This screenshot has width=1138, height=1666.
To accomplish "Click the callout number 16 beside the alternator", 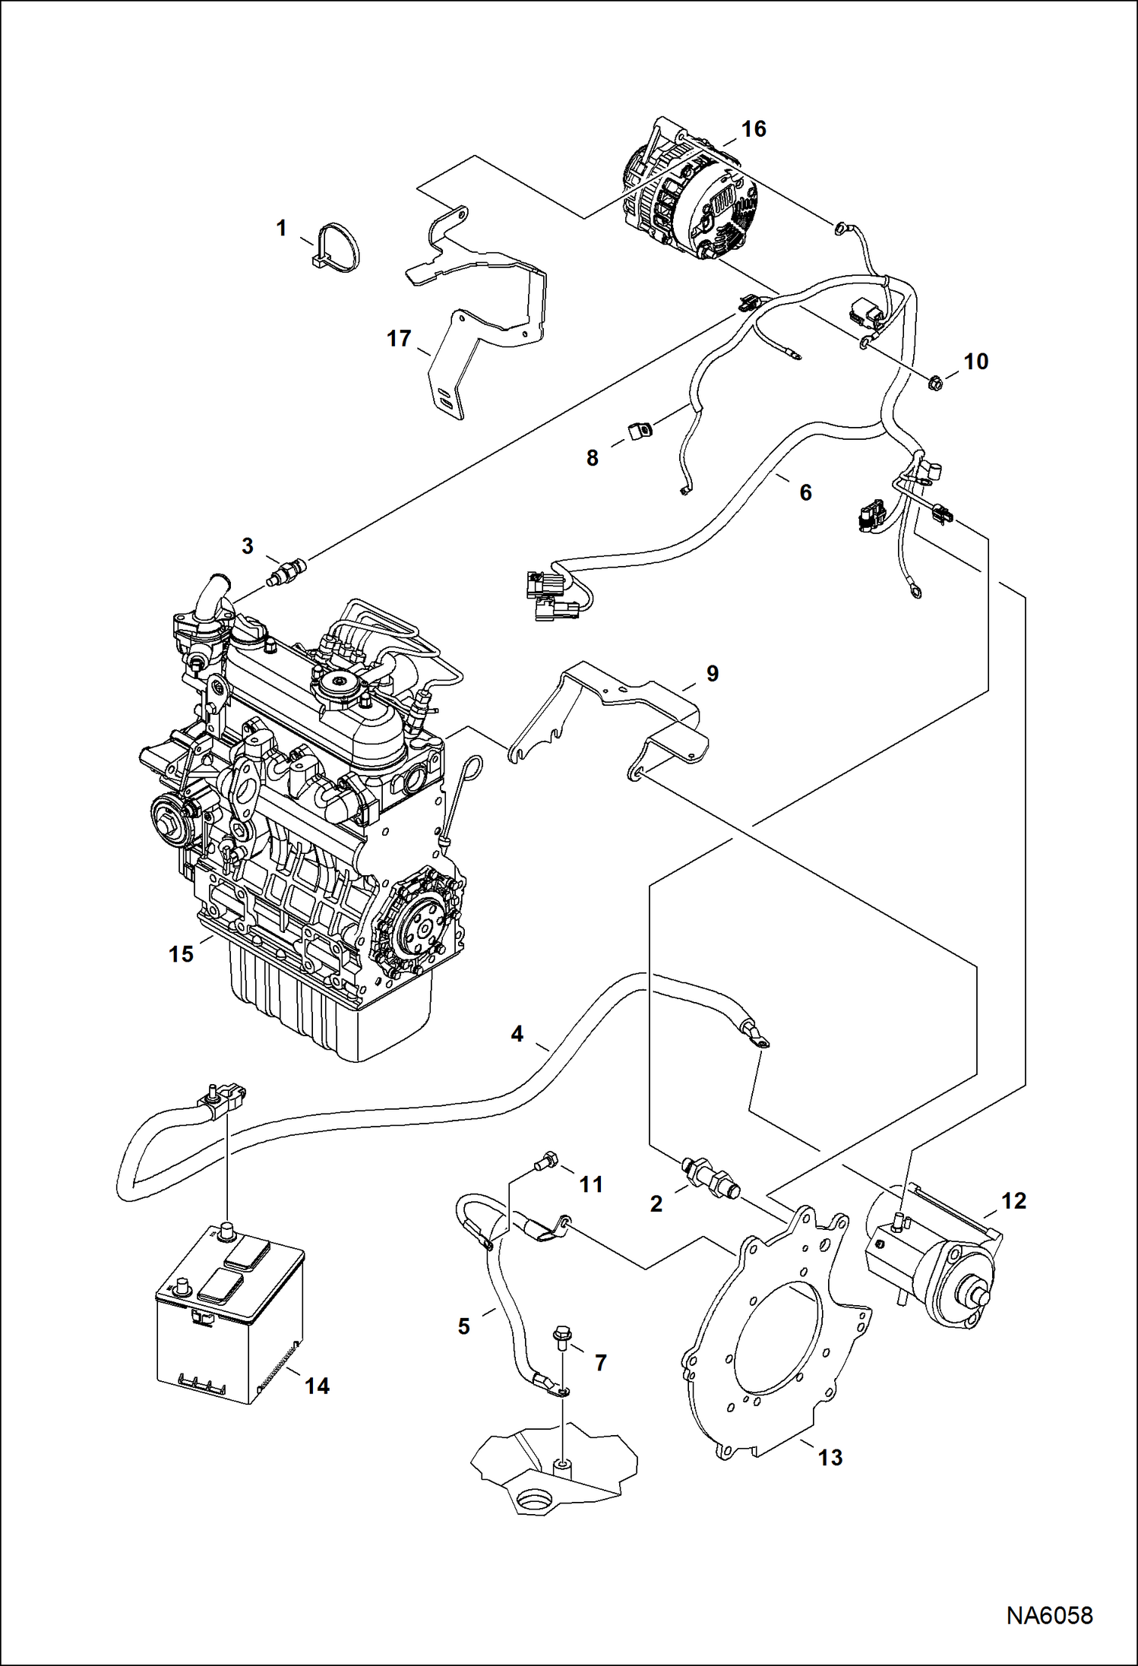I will click(x=754, y=129).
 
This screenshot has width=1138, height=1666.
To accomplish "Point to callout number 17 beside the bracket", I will click(x=399, y=339).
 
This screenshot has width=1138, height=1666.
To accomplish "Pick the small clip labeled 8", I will click(x=639, y=432).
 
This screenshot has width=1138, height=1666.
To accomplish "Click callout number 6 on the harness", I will click(x=805, y=492).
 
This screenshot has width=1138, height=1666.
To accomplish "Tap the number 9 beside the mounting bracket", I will click(x=712, y=674).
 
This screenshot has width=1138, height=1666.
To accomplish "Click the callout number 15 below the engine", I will click(x=181, y=954).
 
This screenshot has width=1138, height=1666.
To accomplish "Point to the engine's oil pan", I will click(x=327, y=1018).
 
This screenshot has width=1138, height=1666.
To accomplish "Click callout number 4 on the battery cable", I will click(x=517, y=1034).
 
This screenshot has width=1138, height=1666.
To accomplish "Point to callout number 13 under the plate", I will click(x=830, y=1458).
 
